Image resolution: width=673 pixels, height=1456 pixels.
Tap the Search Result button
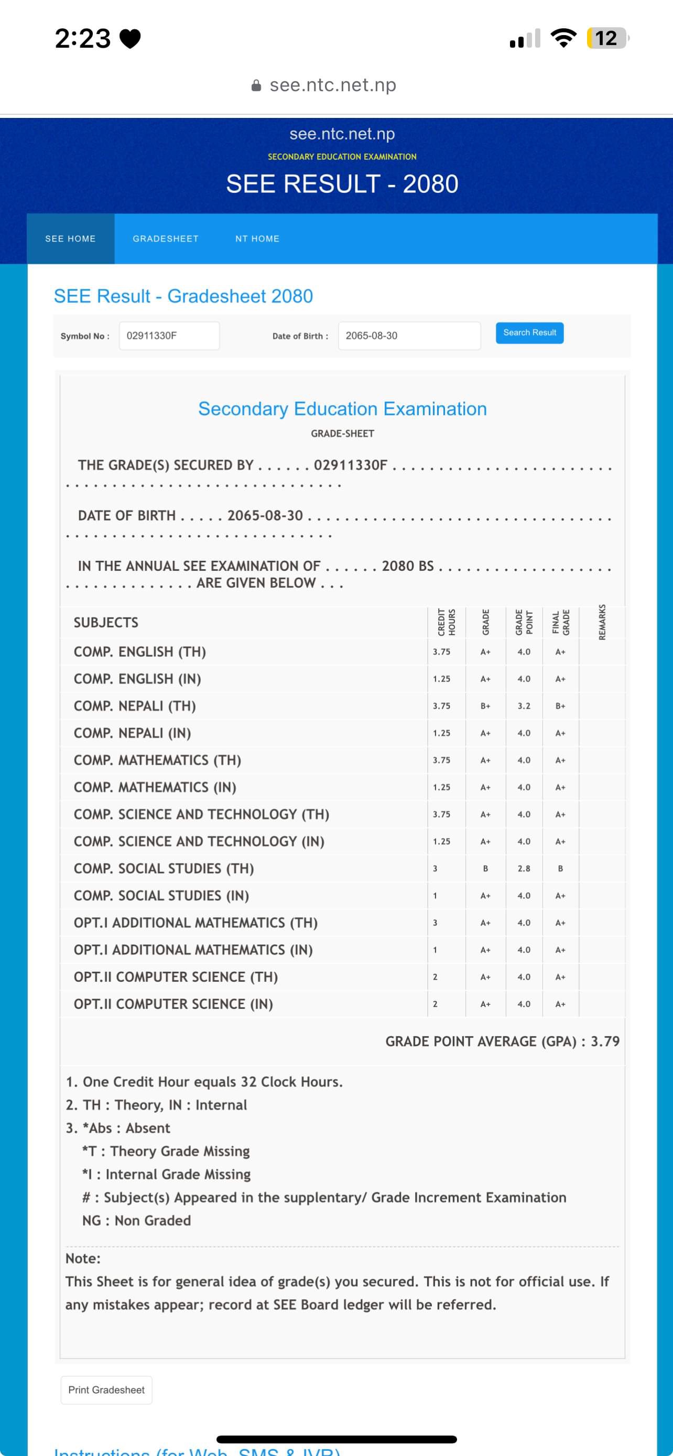[529, 332]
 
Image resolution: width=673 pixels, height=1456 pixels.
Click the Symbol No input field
[169, 336]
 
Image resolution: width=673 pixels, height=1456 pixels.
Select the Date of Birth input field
[409, 336]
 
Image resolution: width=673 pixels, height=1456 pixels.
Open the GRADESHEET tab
[166, 238]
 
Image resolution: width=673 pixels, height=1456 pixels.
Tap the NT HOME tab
[257, 238]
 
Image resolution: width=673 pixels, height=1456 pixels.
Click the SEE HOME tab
[71, 238]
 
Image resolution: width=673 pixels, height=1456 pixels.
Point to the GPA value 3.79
[605, 1041]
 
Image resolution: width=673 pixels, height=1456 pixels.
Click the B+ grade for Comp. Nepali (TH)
[485, 706]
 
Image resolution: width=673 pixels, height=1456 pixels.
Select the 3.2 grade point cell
[524, 706]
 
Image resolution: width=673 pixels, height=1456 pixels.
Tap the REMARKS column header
[602, 622]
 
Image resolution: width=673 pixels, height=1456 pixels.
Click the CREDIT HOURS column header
[447, 622]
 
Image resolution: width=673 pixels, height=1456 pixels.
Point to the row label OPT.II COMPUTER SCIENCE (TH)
[176, 977]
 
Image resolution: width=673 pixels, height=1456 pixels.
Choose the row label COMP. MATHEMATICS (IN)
[155, 787]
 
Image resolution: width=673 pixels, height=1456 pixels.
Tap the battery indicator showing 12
[607, 38]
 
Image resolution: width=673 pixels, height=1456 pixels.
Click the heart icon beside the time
[131, 39]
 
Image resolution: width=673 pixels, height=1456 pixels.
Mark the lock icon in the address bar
[256, 85]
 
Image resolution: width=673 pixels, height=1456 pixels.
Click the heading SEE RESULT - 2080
[342, 183]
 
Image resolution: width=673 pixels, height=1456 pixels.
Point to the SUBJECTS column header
[106, 622]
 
